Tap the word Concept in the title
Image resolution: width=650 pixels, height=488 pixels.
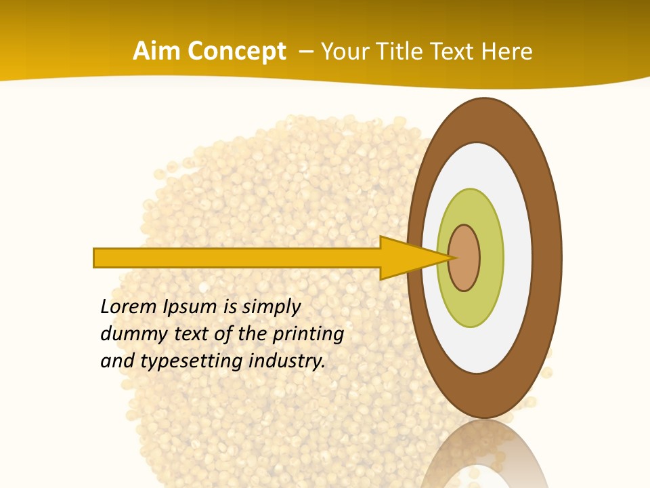click(x=237, y=52)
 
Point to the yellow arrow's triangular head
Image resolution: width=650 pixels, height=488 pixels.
click(x=406, y=258)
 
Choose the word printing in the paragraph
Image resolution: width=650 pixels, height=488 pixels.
click(x=308, y=334)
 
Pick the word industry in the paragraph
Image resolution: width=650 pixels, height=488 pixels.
click(x=287, y=361)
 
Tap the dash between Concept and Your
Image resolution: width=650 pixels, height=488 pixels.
click(x=306, y=52)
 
